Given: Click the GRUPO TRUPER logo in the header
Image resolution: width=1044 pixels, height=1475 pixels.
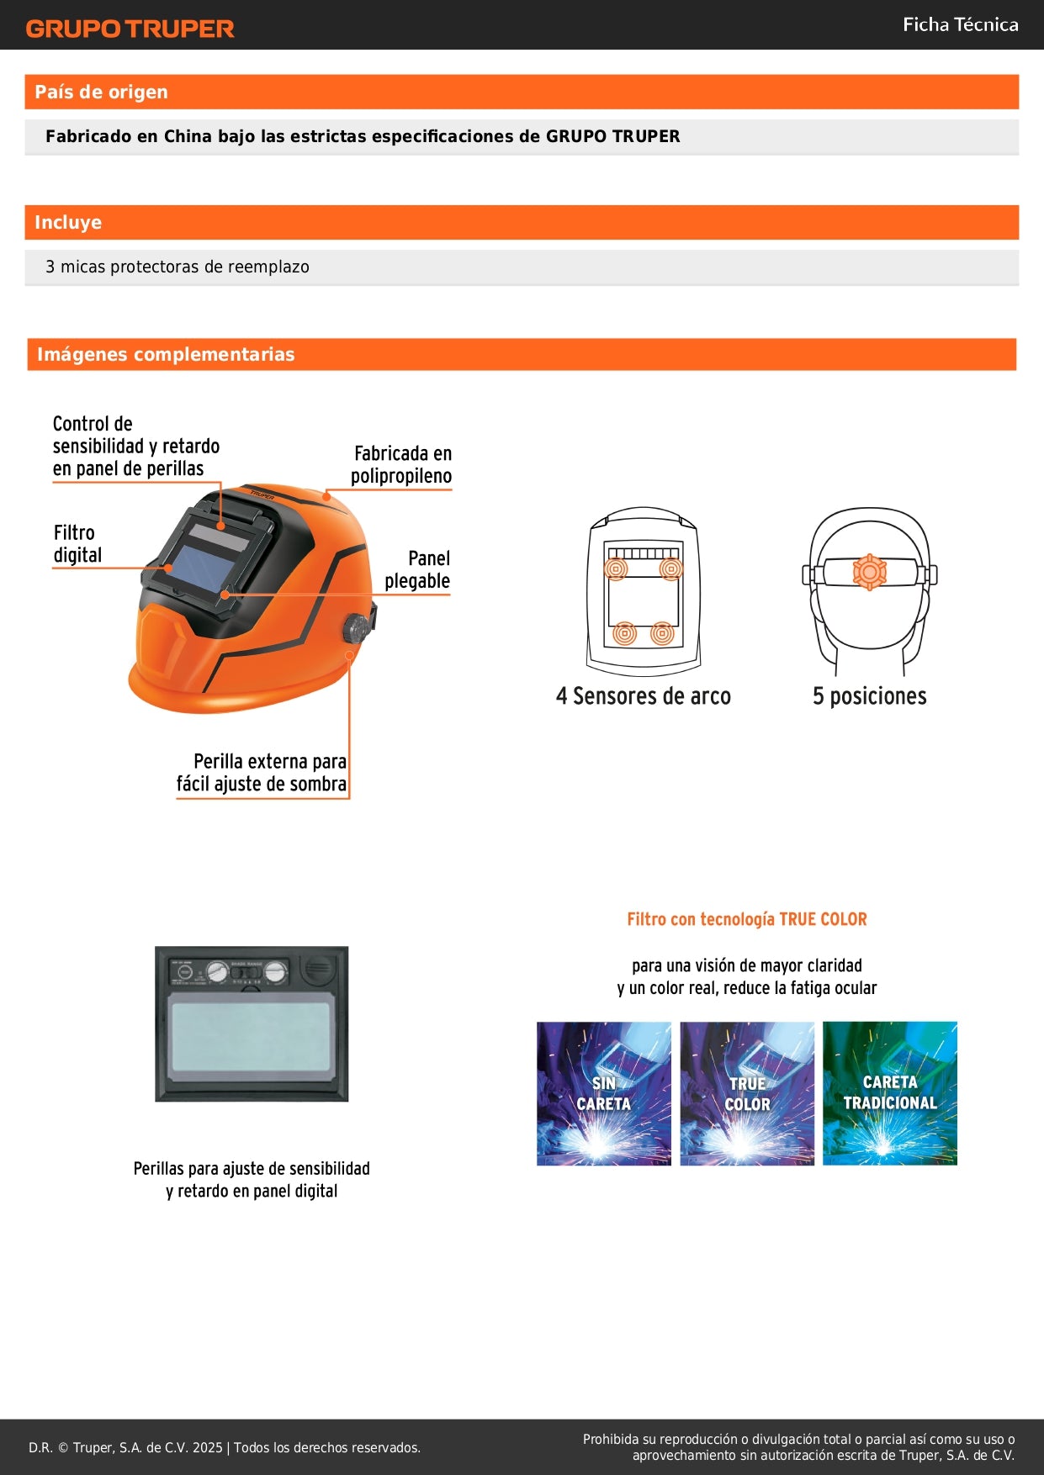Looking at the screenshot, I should (x=130, y=29).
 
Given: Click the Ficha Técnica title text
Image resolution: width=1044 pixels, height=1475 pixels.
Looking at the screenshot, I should (x=960, y=24).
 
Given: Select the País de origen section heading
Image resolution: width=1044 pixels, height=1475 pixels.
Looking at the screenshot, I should (x=101, y=92).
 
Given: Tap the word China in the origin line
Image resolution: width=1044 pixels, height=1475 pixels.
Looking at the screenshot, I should (x=188, y=136).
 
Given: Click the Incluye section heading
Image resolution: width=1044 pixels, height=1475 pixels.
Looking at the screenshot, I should (x=68, y=222).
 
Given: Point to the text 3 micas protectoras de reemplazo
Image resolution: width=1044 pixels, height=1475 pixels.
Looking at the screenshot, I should (x=178, y=267).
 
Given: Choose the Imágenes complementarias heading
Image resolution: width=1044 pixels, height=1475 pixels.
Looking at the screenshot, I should (x=166, y=354).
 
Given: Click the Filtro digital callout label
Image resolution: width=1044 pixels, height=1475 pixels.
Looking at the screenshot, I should (x=77, y=544).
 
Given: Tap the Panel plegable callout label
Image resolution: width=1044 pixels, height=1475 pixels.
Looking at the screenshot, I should (x=418, y=569).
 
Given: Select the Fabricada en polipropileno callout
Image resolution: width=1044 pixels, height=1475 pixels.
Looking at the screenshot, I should (x=402, y=464).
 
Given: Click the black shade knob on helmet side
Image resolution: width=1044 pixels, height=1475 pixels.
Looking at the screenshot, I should (x=355, y=628).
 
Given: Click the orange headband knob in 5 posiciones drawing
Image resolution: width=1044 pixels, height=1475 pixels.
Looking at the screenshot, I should (x=869, y=572).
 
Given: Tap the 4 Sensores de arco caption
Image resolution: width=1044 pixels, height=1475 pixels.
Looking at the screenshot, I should (x=644, y=695).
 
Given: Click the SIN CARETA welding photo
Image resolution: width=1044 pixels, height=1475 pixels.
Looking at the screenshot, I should (x=604, y=1093).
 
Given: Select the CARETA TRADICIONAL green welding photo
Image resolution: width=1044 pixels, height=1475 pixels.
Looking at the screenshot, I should (x=890, y=1093).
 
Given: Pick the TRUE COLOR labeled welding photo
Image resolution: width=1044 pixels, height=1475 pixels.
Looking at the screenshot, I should (x=747, y=1093).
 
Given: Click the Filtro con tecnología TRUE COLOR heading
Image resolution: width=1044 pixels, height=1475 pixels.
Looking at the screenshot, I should (x=747, y=919).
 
